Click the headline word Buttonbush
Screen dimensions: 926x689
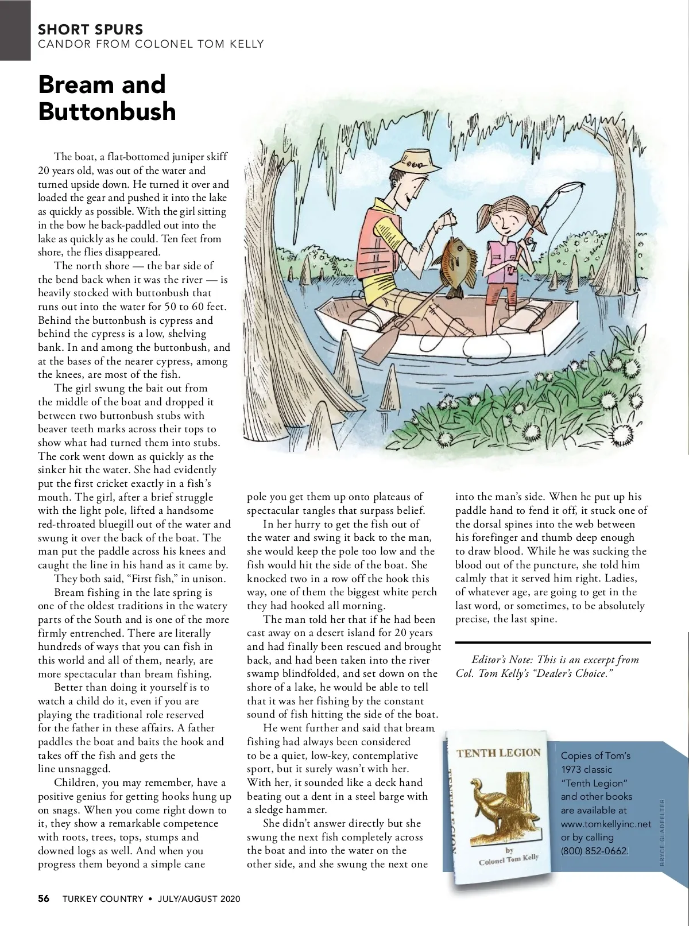click(x=107, y=111)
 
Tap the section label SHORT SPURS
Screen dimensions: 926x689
click(x=90, y=29)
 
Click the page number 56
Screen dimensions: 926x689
click(x=44, y=898)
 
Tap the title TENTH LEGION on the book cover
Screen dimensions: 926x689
click(x=498, y=753)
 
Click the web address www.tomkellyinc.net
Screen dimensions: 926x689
click(x=606, y=824)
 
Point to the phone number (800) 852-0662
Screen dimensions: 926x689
click(x=594, y=851)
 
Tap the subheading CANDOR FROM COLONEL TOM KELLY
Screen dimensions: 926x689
click(x=151, y=44)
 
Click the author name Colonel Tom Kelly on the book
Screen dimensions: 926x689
click(x=509, y=859)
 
